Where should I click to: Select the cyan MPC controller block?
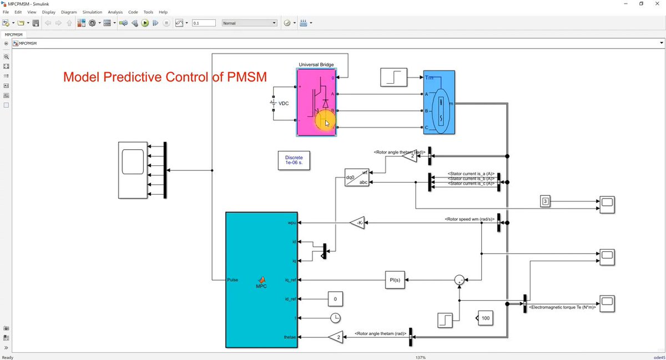tap(261, 280)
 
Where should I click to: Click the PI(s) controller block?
tap(396, 280)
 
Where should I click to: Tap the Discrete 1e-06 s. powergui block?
tap(294, 160)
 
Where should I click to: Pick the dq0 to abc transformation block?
tap(357, 178)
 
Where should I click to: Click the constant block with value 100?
tap(485, 318)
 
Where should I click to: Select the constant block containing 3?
tap(546, 201)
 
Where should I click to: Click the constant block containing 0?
tap(335, 300)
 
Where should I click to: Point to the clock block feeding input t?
tap(335, 318)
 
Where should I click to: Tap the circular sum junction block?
tap(460, 280)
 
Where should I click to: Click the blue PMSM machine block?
tap(439, 102)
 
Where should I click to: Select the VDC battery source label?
tap(284, 104)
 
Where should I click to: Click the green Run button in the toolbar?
tap(145, 23)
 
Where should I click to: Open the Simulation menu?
tap(92, 12)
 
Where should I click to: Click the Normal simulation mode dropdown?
tap(249, 23)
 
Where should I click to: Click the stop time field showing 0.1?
tap(203, 23)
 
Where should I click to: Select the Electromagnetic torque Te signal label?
tap(562, 307)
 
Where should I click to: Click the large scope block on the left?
tap(133, 170)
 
